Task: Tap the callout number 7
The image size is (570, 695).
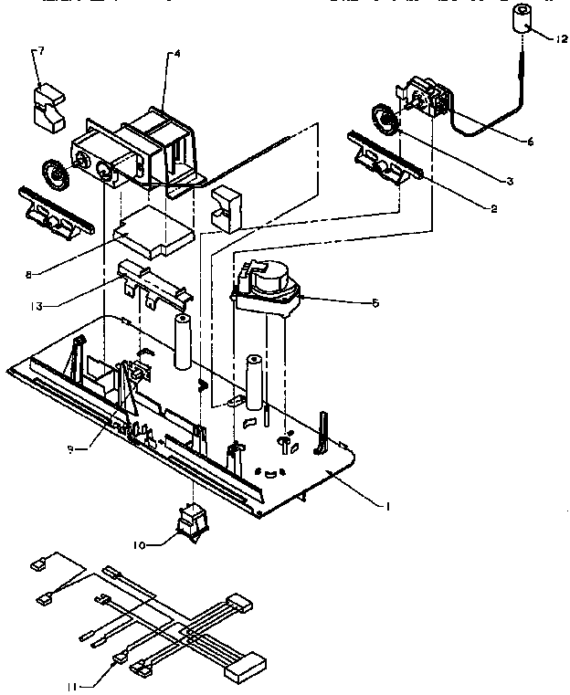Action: pos(37,52)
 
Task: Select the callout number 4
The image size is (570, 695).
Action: pos(176,54)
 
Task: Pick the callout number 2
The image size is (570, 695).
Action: pos(493,209)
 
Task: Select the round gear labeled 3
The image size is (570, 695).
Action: pos(385,120)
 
